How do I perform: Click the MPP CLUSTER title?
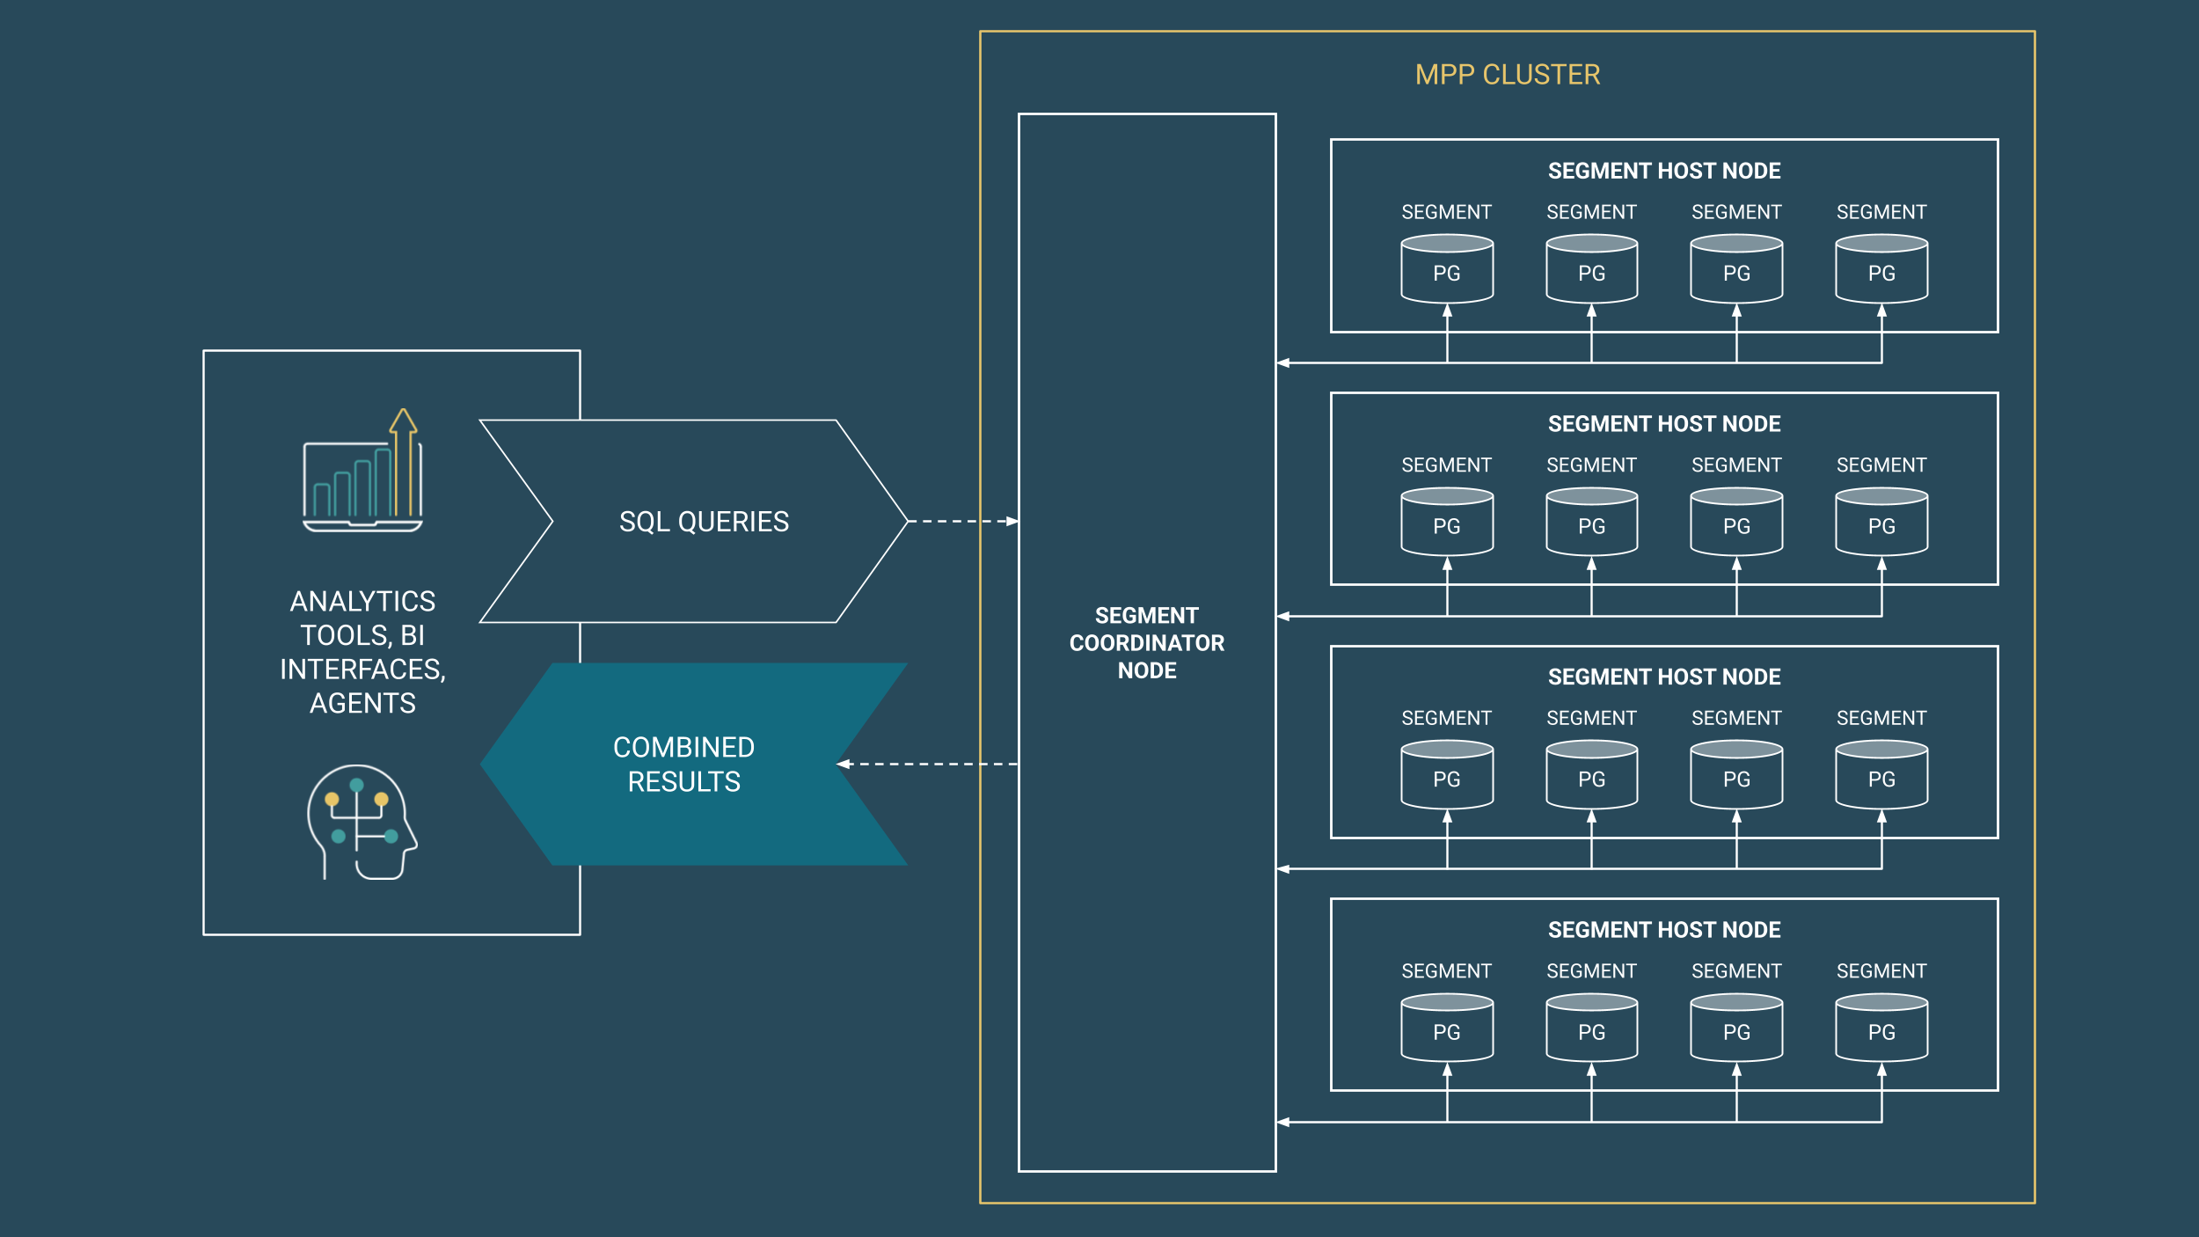(1507, 75)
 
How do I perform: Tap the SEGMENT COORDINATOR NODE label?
(1146, 642)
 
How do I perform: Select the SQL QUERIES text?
(704, 522)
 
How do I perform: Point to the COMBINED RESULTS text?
(683, 764)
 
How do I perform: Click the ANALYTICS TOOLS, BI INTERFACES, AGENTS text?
(362, 652)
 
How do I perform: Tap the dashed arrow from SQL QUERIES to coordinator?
(962, 522)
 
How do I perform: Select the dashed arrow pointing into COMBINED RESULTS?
(928, 764)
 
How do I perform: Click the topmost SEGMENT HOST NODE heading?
(1663, 171)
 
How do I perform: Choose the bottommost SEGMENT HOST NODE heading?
(1663, 930)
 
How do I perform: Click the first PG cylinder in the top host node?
(1446, 269)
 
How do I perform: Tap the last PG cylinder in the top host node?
(1881, 269)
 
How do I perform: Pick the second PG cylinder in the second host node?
(1591, 523)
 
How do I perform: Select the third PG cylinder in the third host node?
(1735, 775)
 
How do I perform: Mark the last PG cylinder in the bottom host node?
(1881, 1028)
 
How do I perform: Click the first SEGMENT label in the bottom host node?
(1446, 971)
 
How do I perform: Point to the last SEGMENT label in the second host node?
(1881, 465)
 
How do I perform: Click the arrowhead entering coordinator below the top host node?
(1283, 362)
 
